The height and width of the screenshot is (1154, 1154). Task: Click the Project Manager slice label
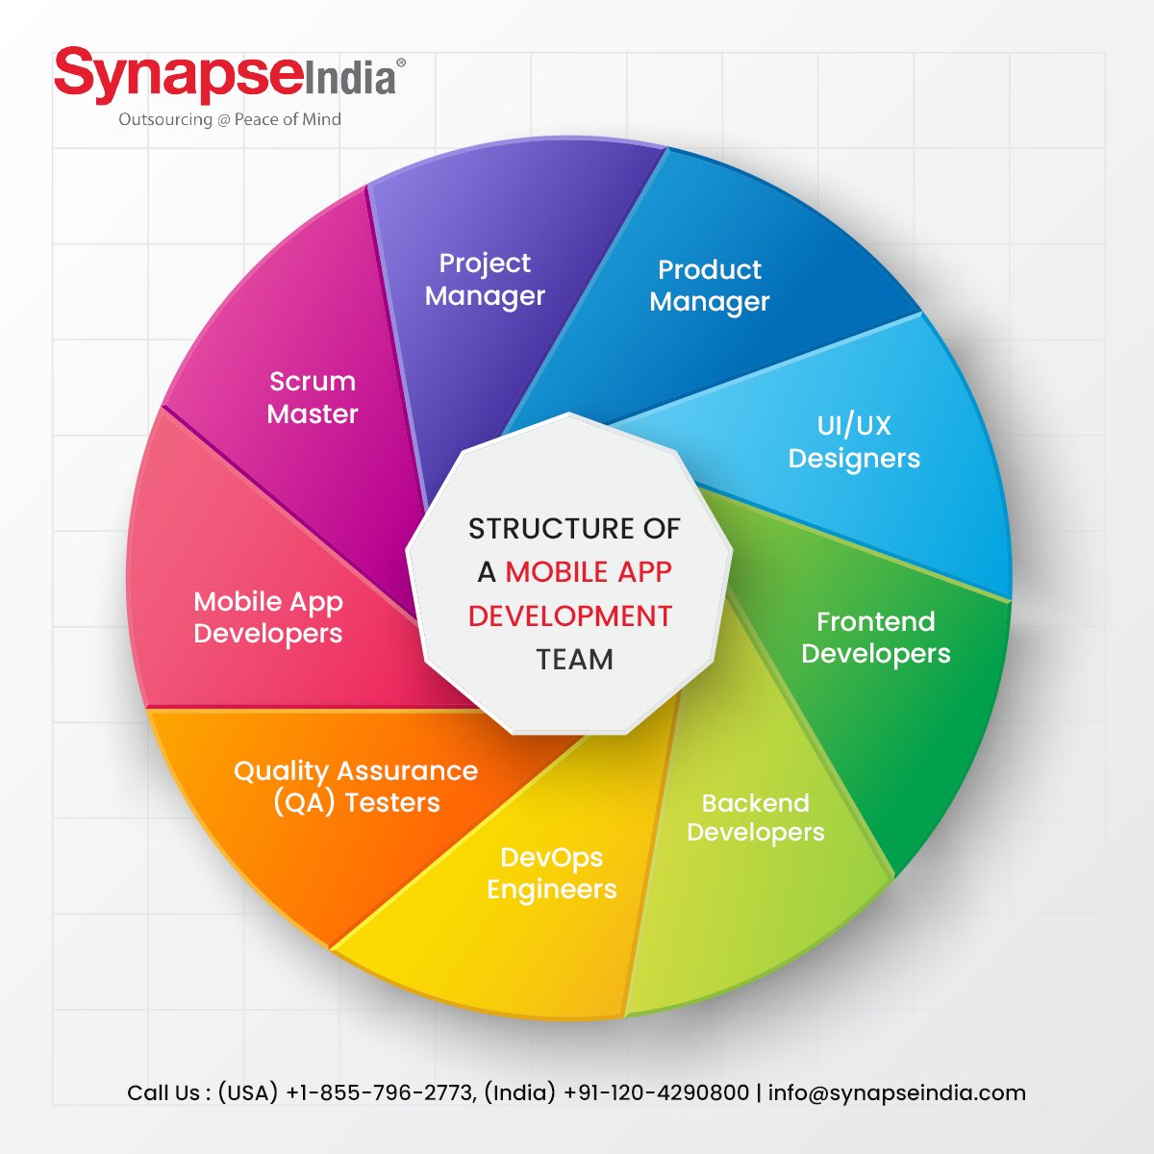[485, 280]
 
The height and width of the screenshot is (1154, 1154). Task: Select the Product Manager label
[710, 286]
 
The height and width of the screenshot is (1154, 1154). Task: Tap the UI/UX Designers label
[854, 441]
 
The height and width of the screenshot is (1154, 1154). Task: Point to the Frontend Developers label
[875, 638]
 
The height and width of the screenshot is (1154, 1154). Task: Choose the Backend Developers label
[756, 817]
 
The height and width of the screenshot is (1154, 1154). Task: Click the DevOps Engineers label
[552, 873]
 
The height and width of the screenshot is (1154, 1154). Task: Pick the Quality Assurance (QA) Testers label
[356, 787]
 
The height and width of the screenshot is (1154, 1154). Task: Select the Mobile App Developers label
[268, 617]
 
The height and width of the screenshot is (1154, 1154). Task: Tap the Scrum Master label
[313, 397]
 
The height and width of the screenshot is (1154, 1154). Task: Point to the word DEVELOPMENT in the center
[570, 616]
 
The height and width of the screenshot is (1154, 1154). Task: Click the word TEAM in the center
[574, 660]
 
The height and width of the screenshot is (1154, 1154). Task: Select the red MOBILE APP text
[589, 572]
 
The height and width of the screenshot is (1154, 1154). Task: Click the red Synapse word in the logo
[179, 77]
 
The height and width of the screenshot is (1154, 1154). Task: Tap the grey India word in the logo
[350, 79]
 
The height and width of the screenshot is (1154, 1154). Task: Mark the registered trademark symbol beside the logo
[401, 63]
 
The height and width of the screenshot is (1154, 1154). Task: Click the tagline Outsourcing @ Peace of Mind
[230, 119]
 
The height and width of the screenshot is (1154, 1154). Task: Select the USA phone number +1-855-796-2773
[380, 1093]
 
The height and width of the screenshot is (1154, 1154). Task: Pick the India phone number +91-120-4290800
[656, 1093]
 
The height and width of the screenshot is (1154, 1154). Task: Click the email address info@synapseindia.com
[897, 1093]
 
